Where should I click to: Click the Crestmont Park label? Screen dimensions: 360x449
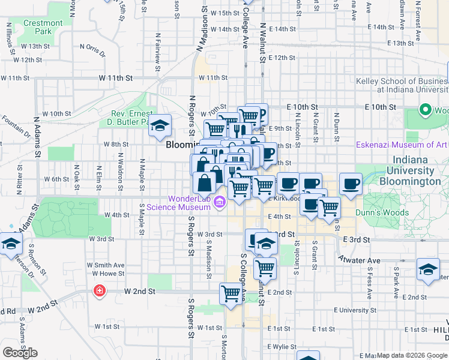tap(43, 27)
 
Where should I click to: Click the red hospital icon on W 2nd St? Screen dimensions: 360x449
tap(98, 291)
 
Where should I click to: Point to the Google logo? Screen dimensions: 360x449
tap(20, 353)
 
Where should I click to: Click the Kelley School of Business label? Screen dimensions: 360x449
tap(411, 85)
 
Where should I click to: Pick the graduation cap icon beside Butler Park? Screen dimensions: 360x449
tap(160, 125)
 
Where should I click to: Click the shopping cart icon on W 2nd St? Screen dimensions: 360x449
tap(231, 293)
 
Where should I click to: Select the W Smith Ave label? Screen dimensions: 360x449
tap(105, 265)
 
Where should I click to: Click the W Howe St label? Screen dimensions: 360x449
tap(104, 274)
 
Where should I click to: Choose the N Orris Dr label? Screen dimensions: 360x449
tap(92, 50)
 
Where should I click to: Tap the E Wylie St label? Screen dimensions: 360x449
tap(286, 347)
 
